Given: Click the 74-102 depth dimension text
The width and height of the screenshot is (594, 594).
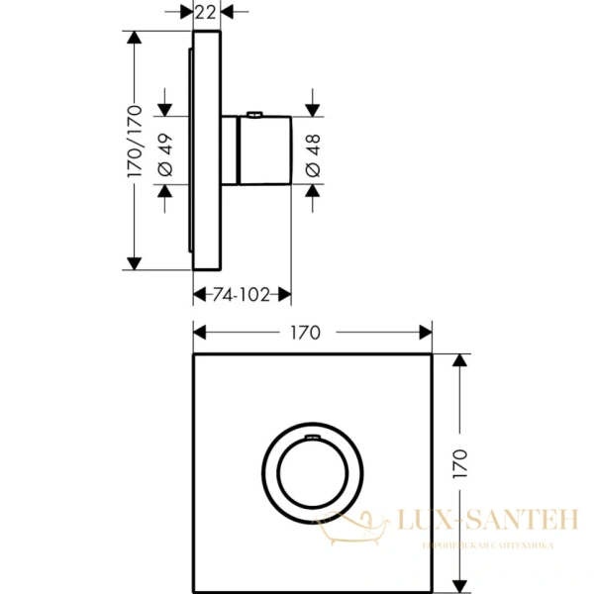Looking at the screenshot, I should [x=241, y=295].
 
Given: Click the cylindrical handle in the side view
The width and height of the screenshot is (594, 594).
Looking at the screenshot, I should [x=262, y=149].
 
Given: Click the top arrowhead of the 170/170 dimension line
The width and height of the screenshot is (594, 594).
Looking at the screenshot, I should [x=136, y=37].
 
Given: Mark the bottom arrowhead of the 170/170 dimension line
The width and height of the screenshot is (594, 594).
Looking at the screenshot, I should [x=136, y=262].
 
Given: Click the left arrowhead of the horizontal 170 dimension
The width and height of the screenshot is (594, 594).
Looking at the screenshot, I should [x=197, y=333].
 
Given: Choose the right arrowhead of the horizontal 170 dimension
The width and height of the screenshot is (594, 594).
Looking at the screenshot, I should [x=427, y=333].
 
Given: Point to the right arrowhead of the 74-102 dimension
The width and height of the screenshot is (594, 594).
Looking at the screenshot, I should [x=285, y=295].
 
